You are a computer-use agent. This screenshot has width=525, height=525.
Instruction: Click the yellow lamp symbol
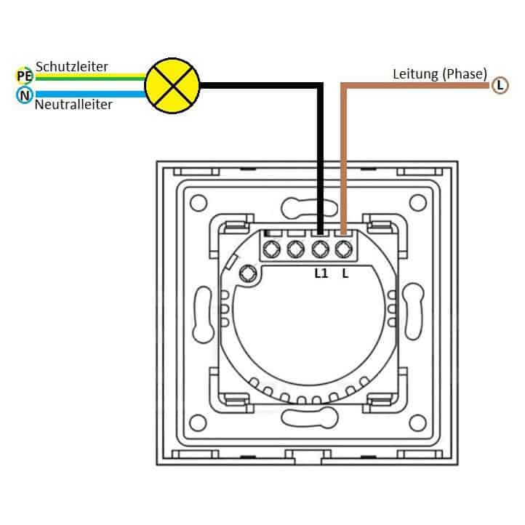172,86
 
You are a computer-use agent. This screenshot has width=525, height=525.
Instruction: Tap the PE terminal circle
25,76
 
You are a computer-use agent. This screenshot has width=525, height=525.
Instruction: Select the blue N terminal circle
25,95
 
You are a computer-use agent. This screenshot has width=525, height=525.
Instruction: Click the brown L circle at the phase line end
500,85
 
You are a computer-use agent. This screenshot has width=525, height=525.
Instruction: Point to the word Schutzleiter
72,66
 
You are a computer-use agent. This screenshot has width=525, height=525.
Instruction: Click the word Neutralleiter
73,105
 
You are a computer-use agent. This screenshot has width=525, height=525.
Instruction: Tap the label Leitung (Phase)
440,74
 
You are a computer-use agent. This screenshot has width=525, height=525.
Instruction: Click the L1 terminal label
321,273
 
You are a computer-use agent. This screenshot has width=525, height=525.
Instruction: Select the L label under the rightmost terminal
345,273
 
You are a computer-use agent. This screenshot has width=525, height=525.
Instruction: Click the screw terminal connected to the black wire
320,249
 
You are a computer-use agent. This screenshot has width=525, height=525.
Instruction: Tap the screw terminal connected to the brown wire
344,249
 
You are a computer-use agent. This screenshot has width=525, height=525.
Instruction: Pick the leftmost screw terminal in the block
271,249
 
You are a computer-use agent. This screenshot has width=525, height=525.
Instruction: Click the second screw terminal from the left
296,249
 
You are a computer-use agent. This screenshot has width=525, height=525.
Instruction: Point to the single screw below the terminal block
248,273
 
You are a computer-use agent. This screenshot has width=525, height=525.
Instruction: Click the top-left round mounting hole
199,203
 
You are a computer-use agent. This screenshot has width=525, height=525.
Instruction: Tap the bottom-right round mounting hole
417,422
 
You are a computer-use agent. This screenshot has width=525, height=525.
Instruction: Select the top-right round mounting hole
417,203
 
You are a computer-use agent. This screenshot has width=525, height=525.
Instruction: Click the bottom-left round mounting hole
198,422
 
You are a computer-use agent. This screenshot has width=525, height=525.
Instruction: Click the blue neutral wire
90,94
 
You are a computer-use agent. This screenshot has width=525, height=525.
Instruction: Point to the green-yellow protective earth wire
90,77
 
